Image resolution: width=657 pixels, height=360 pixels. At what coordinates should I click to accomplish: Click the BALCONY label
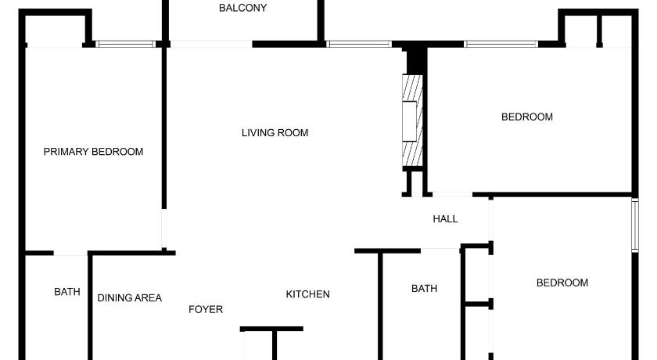click(242, 8)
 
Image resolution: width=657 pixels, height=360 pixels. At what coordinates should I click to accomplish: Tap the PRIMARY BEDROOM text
click(93, 152)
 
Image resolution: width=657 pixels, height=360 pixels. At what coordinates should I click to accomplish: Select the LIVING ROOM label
click(275, 133)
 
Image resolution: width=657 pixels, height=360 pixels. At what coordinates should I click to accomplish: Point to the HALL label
click(445, 219)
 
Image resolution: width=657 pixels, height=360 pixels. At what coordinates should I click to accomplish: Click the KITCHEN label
click(307, 294)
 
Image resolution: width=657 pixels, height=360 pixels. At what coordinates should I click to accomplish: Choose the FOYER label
click(205, 309)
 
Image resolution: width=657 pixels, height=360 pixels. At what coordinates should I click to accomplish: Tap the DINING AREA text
click(130, 298)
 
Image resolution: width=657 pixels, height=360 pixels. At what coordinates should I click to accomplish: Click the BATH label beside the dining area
click(67, 292)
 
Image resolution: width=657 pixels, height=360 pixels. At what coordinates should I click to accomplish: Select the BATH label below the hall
click(424, 288)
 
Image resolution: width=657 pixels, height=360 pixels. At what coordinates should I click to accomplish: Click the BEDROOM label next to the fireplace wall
click(527, 117)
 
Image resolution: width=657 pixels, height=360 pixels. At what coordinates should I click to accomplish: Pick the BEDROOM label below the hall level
click(562, 283)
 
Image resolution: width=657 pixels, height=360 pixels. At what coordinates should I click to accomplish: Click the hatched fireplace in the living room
click(412, 121)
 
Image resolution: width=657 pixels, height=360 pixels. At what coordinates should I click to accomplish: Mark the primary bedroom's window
click(125, 44)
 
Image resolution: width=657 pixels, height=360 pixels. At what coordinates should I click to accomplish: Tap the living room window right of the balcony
click(359, 44)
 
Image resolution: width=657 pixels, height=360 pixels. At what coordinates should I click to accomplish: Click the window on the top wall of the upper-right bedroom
click(501, 44)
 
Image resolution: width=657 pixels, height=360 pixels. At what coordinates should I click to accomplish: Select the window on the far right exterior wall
click(635, 225)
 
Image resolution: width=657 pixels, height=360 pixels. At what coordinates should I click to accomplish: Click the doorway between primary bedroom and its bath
click(70, 253)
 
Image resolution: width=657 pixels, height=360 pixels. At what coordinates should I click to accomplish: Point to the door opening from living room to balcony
click(211, 44)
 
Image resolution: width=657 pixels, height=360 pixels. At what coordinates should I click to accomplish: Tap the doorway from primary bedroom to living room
click(163, 229)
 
